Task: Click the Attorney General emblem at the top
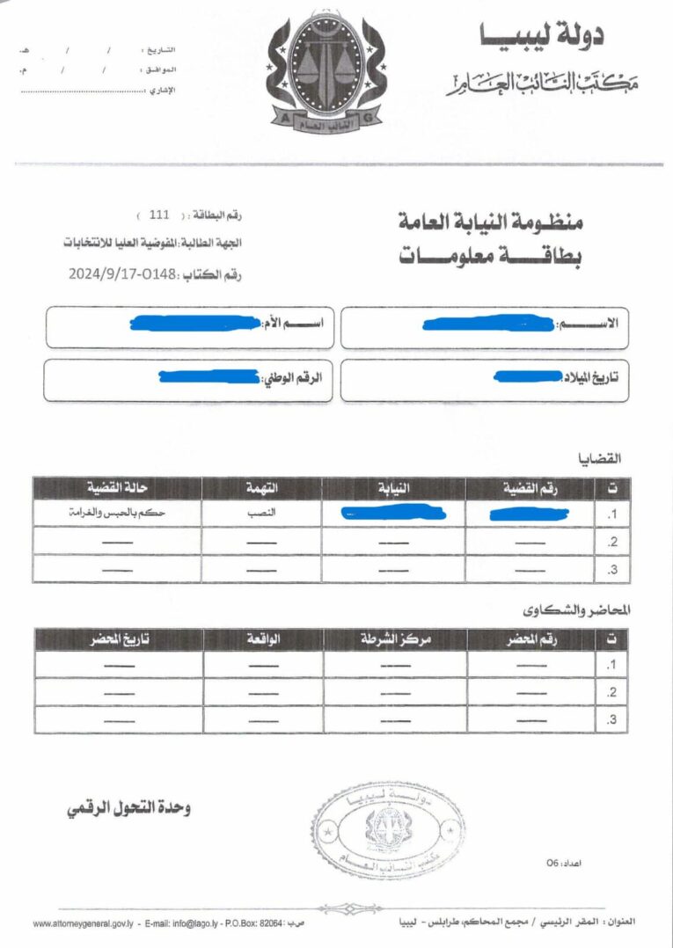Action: (x=326, y=76)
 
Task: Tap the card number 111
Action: (x=159, y=215)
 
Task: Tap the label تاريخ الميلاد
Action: (x=590, y=377)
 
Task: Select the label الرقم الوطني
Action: (x=292, y=378)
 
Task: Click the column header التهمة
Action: (x=261, y=488)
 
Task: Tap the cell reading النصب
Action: (x=261, y=513)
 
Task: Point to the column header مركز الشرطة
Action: (x=396, y=639)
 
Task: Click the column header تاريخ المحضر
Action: (x=119, y=639)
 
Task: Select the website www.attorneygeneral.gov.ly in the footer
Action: (x=82, y=923)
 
